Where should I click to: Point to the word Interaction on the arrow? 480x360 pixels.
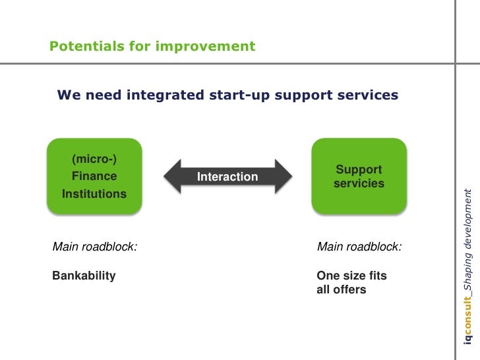tap(227, 177)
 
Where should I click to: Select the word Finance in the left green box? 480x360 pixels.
tap(94, 176)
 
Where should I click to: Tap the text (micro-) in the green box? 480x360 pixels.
tap(94, 159)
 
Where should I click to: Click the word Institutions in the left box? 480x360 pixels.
tap(94, 194)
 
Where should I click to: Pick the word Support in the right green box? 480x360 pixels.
tap(359, 169)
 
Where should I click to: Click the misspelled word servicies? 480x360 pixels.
tap(359, 183)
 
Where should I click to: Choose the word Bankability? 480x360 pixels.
tap(84, 276)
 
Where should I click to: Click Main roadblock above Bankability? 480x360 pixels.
tap(95, 247)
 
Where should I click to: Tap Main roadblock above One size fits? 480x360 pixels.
tap(359, 247)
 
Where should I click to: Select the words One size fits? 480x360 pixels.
tap(351, 276)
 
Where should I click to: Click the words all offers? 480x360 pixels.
tap(341, 289)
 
